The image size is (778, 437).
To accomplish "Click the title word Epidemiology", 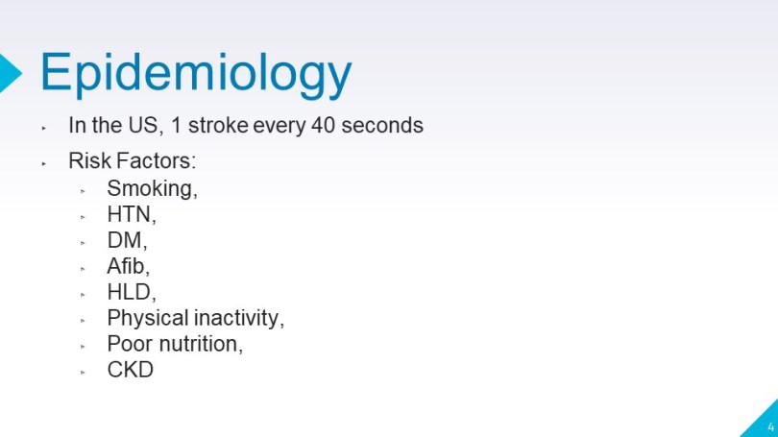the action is pyautogui.click(x=196, y=74).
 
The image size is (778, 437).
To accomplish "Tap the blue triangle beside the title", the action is pyautogui.click(x=9, y=73).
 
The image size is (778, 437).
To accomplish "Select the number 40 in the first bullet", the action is pyautogui.click(x=323, y=125).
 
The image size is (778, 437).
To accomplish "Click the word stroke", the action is pyautogui.click(x=218, y=125).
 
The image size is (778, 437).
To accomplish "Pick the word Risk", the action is pyautogui.click(x=90, y=160).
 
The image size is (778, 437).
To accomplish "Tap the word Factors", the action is pyautogui.click(x=156, y=160).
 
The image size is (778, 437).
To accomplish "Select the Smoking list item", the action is pyautogui.click(x=152, y=189).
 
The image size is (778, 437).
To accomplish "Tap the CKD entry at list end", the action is pyautogui.click(x=130, y=370).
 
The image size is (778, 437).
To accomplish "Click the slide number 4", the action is pyautogui.click(x=770, y=426).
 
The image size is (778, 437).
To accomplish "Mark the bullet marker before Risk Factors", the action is pyautogui.click(x=43, y=163).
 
